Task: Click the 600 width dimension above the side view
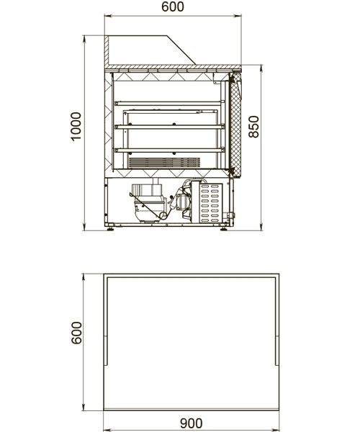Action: [x=173, y=6]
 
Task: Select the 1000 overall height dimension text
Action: [x=76, y=127]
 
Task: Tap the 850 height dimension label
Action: [x=253, y=127]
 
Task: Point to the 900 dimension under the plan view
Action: [x=191, y=423]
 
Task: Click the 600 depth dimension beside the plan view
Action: [x=76, y=333]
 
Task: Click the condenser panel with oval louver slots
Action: [x=211, y=203]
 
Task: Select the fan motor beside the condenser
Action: [x=182, y=202]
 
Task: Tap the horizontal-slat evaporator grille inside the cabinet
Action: [x=164, y=163]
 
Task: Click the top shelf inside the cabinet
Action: [x=169, y=103]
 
